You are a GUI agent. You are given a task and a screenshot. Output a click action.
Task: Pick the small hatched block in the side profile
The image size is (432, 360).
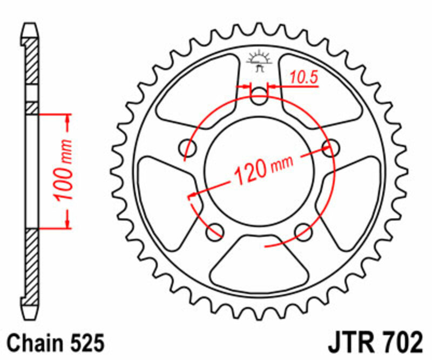(x=32, y=107)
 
